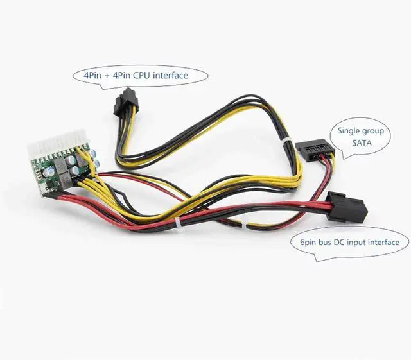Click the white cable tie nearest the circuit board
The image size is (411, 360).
pos(179,223)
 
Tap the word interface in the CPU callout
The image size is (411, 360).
pos(171,76)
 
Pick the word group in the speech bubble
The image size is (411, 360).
pos(376,131)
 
